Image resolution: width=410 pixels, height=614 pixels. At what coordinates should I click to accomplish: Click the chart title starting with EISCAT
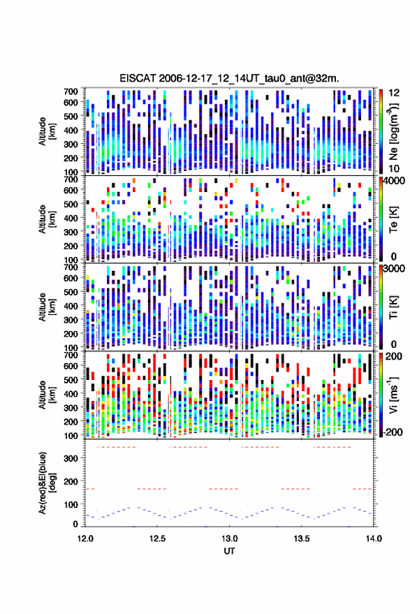[230, 78]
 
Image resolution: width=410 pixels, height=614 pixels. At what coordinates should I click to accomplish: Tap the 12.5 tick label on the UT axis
[157, 539]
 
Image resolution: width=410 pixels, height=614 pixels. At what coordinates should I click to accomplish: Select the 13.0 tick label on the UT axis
[230, 539]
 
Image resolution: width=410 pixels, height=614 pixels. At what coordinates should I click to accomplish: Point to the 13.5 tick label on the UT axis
[302, 539]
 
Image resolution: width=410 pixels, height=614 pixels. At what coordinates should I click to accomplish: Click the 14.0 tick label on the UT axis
[374, 539]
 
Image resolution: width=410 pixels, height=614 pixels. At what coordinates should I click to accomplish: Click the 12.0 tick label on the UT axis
[85, 539]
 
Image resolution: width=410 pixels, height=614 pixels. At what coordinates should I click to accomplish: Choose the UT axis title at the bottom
[230, 551]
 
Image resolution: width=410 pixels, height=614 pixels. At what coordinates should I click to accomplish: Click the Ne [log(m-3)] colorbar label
[393, 131]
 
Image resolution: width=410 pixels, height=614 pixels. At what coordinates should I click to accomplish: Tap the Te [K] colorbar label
[393, 219]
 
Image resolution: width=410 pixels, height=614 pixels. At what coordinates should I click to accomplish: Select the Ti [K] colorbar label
[393, 307]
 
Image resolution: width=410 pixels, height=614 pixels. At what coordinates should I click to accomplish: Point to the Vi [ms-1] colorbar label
[393, 395]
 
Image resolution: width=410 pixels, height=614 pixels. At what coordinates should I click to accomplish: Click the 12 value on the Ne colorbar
[395, 93]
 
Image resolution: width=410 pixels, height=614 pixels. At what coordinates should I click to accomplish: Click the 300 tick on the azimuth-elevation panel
[71, 458]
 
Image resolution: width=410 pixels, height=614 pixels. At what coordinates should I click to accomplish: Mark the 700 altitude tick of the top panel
[71, 92]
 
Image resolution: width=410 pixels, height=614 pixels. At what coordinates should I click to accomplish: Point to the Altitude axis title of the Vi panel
[46, 395]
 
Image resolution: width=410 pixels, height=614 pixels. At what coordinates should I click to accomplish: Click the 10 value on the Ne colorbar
[395, 169]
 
